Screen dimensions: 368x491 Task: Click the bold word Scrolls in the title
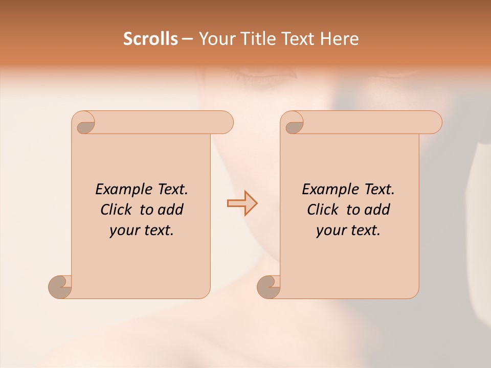click(x=151, y=39)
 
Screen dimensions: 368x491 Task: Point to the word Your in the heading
click(x=215, y=39)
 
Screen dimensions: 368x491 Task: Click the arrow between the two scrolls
click(x=242, y=203)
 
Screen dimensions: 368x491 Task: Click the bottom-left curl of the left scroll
click(x=60, y=287)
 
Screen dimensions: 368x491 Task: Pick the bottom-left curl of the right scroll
click(x=269, y=287)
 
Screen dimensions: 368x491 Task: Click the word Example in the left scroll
click(x=119, y=190)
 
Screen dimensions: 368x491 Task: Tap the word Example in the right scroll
click(x=326, y=190)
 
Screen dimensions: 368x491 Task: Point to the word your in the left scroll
click(x=123, y=231)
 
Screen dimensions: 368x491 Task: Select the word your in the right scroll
click(x=330, y=231)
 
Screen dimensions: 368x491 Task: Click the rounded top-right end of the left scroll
click(x=225, y=123)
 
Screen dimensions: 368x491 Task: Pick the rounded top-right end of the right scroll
click(x=434, y=123)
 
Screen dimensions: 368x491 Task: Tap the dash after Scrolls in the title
click(x=187, y=39)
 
